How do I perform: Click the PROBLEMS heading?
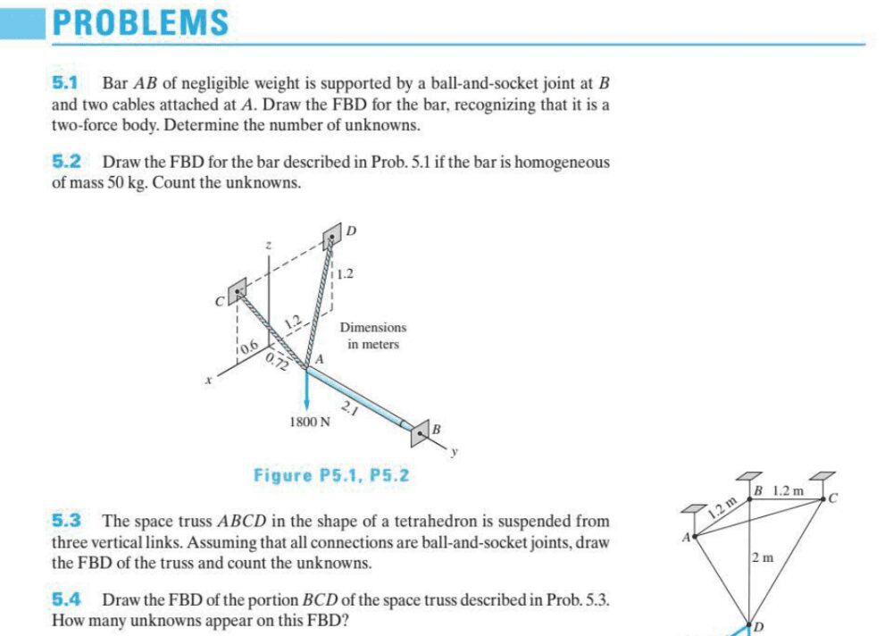(x=140, y=22)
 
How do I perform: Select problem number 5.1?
(x=65, y=83)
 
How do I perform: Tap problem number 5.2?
(x=66, y=162)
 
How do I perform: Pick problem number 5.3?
(x=66, y=521)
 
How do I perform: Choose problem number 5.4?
(x=66, y=599)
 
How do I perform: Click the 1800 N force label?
(x=309, y=423)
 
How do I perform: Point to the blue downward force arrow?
(x=306, y=389)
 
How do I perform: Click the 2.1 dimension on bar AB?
(x=349, y=408)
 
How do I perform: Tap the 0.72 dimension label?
(x=278, y=362)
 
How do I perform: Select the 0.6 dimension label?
(x=249, y=347)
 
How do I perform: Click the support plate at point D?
(x=332, y=237)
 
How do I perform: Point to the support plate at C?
(x=238, y=291)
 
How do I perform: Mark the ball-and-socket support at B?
(x=421, y=434)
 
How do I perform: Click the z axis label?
(x=268, y=246)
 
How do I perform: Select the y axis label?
(x=454, y=453)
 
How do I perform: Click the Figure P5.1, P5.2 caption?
(x=331, y=475)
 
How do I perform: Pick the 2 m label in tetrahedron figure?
(x=763, y=557)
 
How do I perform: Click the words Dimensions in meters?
(x=373, y=336)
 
